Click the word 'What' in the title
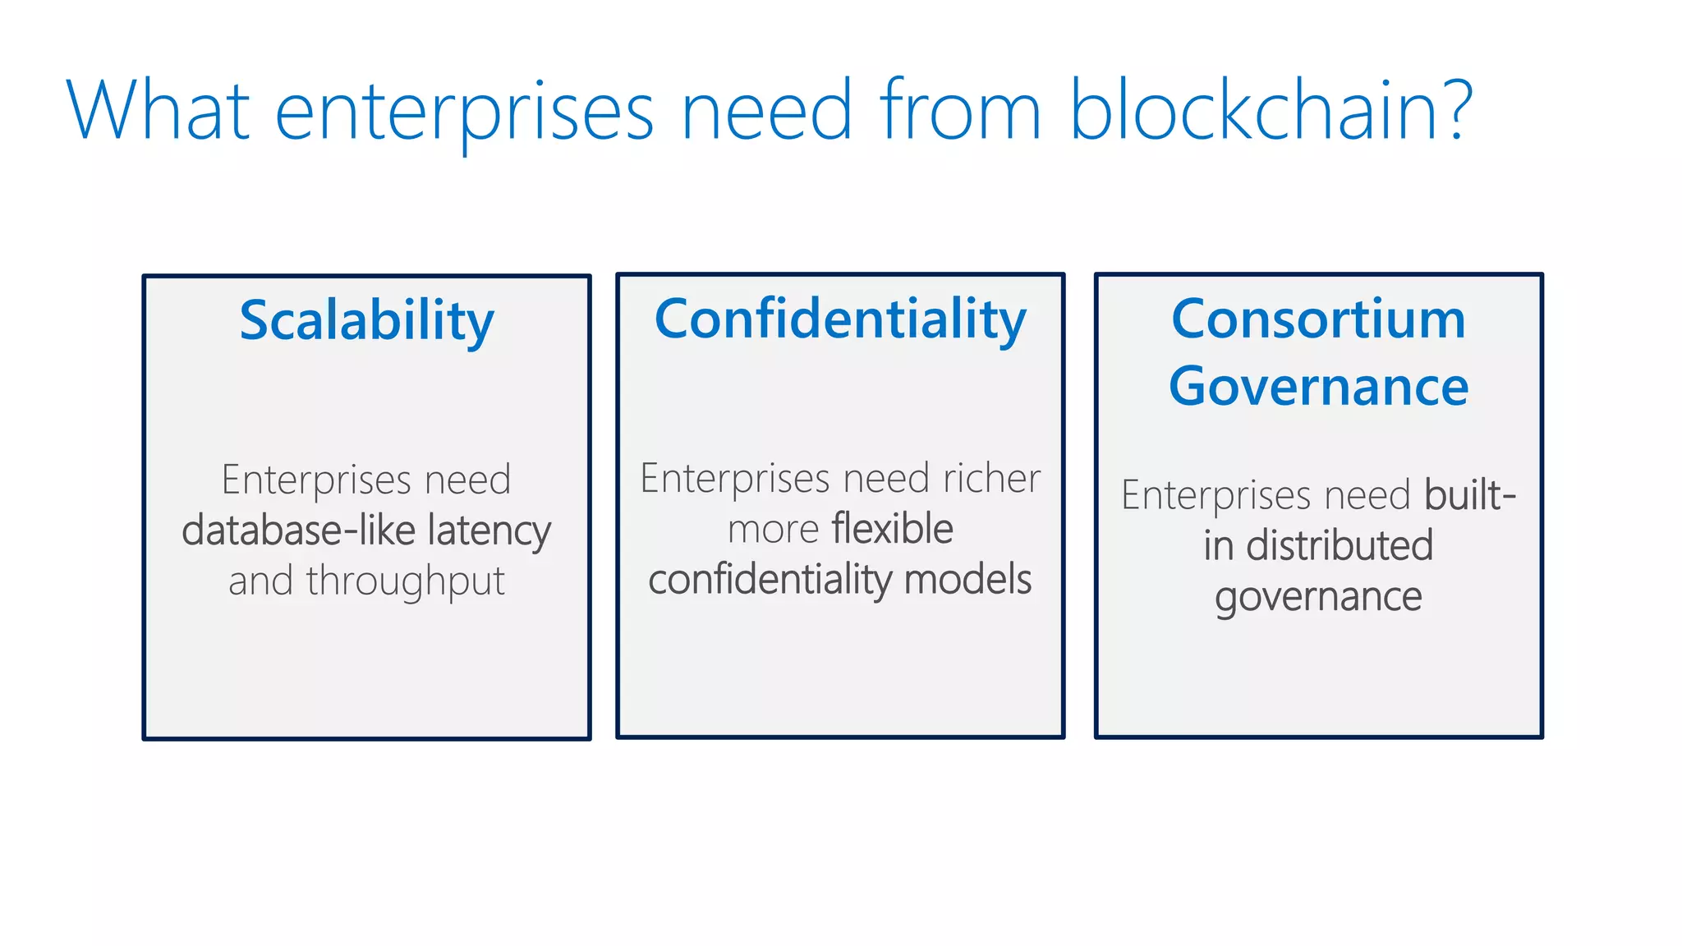(x=158, y=110)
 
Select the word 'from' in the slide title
(x=959, y=110)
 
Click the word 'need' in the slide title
(x=766, y=110)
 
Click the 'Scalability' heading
(x=366, y=320)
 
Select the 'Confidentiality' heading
(x=840, y=319)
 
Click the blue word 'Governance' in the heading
(x=1318, y=387)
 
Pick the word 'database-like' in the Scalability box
(x=296, y=530)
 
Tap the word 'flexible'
(x=892, y=528)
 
